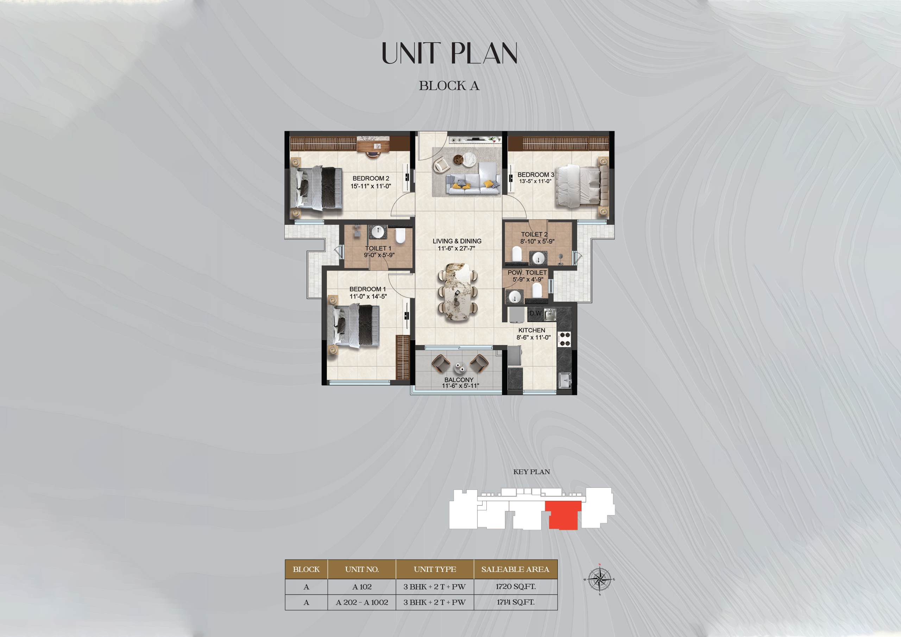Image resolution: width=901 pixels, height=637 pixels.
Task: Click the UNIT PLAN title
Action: (x=449, y=53)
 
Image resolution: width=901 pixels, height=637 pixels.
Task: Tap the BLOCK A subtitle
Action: (x=449, y=86)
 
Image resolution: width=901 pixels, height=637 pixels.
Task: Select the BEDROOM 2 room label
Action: (x=371, y=178)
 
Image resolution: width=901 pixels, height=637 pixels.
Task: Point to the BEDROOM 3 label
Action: (x=535, y=175)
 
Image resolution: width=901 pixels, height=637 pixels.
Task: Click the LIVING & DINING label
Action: (x=457, y=241)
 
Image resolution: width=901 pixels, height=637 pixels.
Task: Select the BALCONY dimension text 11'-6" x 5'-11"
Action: (x=460, y=386)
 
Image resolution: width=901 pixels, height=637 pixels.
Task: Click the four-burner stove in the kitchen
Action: (x=565, y=339)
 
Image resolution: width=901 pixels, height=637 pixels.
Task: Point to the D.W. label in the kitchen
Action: (x=535, y=313)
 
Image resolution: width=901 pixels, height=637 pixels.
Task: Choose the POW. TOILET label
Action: (x=527, y=272)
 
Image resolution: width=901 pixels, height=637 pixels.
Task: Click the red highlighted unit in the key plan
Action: (x=563, y=515)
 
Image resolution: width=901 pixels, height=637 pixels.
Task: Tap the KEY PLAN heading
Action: (x=531, y=472)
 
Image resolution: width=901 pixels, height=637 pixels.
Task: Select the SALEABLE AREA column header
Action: (x=515, y=569)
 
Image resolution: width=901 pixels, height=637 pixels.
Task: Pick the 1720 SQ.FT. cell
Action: (x=515, y=586)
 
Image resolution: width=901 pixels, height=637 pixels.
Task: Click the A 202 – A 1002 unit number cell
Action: (x=362, y=602)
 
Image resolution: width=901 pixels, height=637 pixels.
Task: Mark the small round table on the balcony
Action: (x=460, y=367)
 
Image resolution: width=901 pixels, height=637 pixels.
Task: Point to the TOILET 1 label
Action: (x=378, y=248)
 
